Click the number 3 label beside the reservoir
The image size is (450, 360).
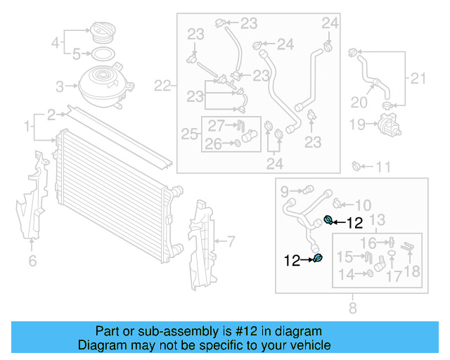coord(60,86)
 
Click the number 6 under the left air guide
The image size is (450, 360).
coord(32,262)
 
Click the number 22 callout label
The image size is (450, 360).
coord(163,86)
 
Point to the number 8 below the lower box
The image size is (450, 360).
coord(352,307)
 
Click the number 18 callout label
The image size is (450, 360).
coord(412,272)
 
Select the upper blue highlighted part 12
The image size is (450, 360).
coord(328,221)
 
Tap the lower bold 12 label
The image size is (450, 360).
coord(292,261)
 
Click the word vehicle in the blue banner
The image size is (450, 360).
coord(311,346)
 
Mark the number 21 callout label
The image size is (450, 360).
coord(418,78)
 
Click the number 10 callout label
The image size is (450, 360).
coord(363,205)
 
